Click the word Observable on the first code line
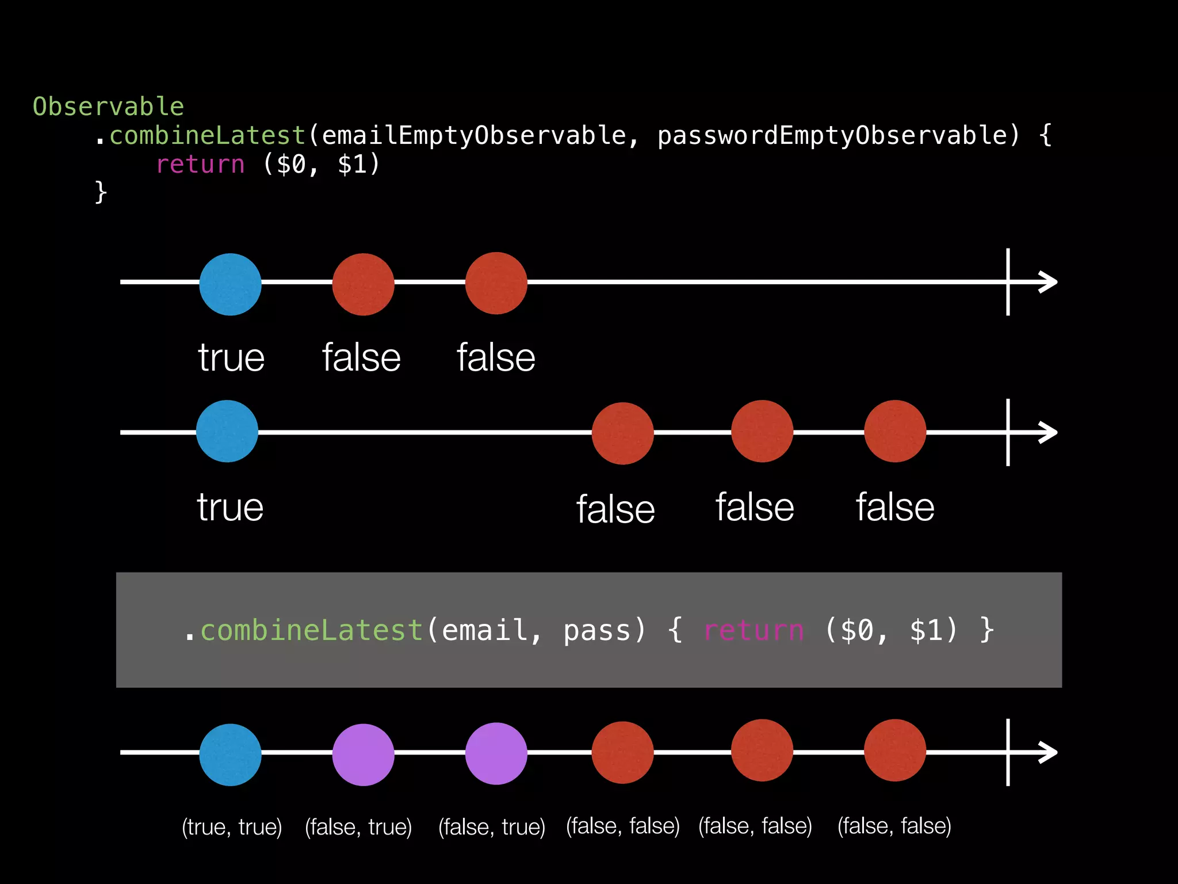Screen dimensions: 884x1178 (108, 107)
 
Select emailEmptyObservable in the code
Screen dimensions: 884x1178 (473, 136)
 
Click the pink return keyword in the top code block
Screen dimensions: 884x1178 (201, 165)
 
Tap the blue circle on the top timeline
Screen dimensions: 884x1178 (230, 284)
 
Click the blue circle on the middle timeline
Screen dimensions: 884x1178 (227, 431)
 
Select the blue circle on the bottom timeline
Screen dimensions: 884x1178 (230, 755)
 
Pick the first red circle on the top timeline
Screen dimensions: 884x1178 (363, 284)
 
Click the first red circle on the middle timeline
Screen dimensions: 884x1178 (622, 433)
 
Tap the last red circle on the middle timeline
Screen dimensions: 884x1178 (895, 431)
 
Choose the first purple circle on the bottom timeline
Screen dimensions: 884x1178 (363, 755)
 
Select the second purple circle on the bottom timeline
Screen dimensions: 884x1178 (496, 753)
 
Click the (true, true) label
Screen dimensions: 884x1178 (232, 827)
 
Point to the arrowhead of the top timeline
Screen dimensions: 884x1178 (1048, 282)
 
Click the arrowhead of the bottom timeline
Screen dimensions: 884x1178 (1048, 752)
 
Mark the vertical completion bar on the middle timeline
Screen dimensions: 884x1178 (1008, 432)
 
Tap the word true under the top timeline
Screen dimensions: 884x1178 (231, 358)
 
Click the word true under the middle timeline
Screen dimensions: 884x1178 (230, 508)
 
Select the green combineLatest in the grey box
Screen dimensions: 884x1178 (311, 630)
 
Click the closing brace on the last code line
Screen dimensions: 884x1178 (101, 192)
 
